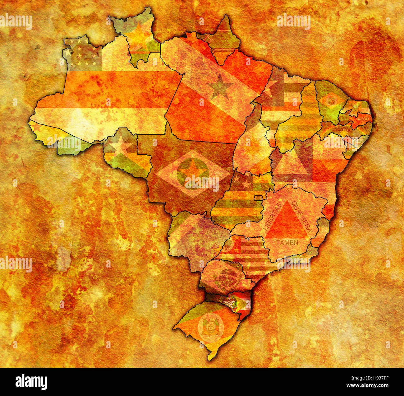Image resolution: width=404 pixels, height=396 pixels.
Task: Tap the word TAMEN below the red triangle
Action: (x=287, y=242)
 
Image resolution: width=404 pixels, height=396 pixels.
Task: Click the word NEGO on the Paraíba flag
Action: (x=363, y=119)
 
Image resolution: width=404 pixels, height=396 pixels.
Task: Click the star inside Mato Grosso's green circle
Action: (x=193, y=171)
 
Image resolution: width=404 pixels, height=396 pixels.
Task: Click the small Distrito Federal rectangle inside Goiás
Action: (x=258, y=198)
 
